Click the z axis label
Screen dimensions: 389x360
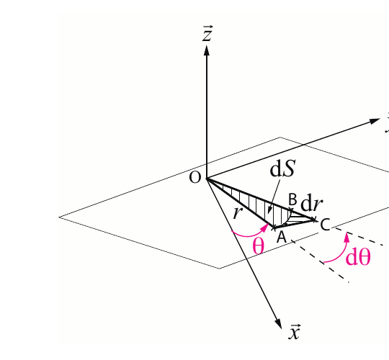(x=207, y=33)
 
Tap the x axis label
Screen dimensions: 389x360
(x=295, y=331)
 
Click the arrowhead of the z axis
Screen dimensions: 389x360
(x=207, y=50)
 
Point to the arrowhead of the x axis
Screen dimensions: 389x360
(x=279, y=324)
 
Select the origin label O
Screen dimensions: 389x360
(x=194, y=178)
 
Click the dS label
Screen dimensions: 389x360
(x=282, y=168)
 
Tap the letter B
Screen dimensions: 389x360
(x=292, y=199)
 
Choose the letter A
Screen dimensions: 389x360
(x=282, y=237)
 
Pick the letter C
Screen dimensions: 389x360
(x=325, y=225)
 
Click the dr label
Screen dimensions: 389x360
(x=312, y=204)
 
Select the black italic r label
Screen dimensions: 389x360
(x=238, y=212)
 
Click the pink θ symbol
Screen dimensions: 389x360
(x=259, y=246)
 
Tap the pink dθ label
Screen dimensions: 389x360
(x=358, y=257)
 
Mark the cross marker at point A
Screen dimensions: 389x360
(x=274, y=228)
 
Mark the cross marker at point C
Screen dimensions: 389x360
(x=314, y=220)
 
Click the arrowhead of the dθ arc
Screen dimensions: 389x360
(x=347, y=237)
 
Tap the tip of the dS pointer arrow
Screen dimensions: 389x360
(x=269, y=213)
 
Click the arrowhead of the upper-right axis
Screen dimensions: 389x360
(x=375, y=121)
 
